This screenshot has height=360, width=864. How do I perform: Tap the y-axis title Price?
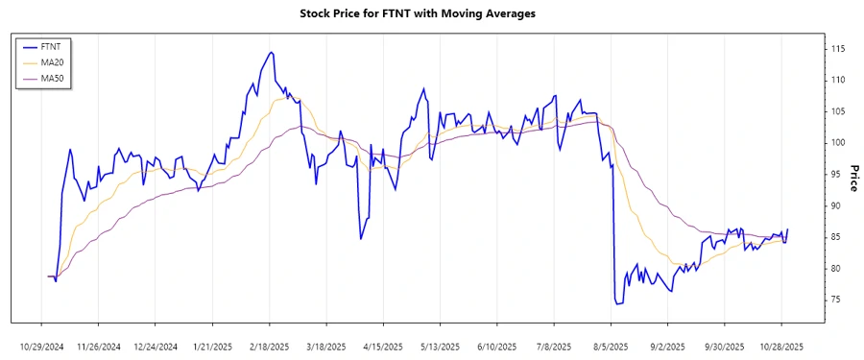[x=851, y=177]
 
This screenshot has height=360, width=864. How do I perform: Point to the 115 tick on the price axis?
[x=838, y=49]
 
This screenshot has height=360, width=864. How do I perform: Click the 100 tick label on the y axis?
[x=838, y=143]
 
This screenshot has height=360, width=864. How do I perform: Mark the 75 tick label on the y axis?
[x=836, y=300]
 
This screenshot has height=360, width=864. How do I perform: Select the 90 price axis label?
[x=836, y=205]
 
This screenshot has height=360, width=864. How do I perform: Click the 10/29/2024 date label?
[x=42, y=346]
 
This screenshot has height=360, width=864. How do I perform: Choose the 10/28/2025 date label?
[x=781, y=346]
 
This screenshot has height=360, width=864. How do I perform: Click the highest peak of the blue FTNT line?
[x=272, y=52]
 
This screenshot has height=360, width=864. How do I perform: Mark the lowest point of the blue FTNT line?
[x=616, y=304]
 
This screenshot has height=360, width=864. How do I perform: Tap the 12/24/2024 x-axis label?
[x=156, y=346]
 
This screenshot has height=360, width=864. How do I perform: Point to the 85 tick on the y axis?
[x=836, y=237]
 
